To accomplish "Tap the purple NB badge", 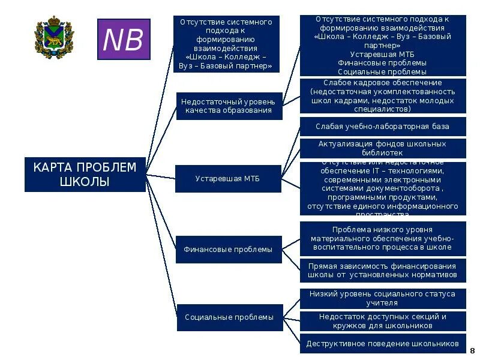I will click(x=124, y=40).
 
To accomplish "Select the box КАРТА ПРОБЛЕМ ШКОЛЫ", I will click(x=85, y=175).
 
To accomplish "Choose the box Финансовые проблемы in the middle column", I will click(x=228, y=249).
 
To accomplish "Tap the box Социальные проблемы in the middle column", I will click(x=229, y=317).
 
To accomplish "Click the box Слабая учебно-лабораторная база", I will click(x=382, y=127).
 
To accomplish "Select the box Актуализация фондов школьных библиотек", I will click(x=382, y=148).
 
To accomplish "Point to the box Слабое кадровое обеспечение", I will click(x=382, y=96).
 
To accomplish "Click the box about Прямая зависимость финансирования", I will click(x=382, y=271).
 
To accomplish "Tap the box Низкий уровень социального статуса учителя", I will click(x=382, y=298).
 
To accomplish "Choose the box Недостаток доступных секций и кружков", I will click(x=382, y=321).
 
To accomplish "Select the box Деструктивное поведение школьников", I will click(x=382, y=344).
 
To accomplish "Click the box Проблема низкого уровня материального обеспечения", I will click(x=382, y=238).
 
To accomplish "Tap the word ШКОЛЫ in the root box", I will click(x=85, y=182).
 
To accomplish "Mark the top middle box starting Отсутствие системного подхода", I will click(x=226, y=44).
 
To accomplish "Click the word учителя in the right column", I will click(x=382, y=303).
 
